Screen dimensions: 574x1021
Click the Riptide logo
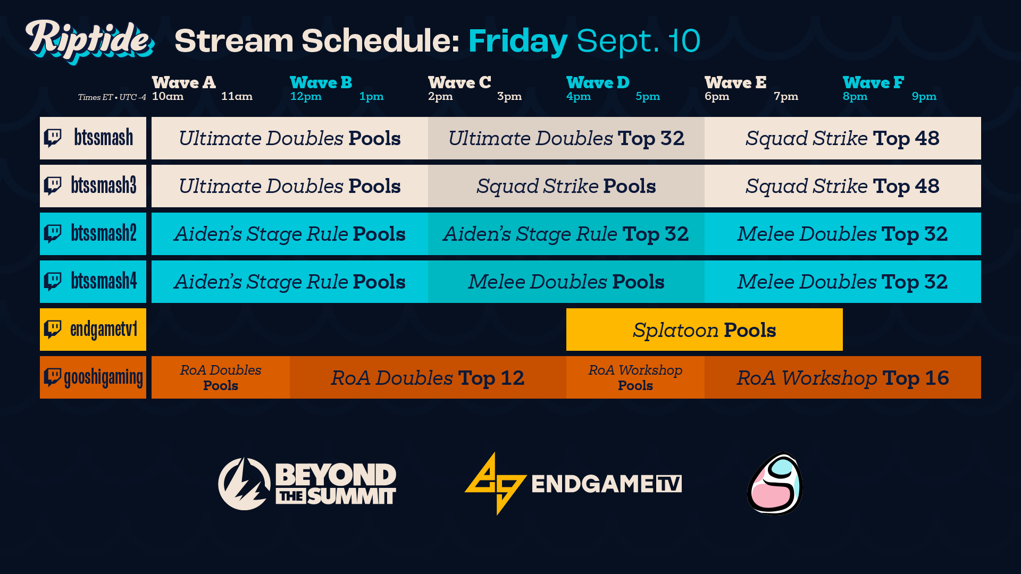coord(89,40)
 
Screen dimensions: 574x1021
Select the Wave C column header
coord(459,82)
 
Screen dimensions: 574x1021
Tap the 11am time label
coord(237,96)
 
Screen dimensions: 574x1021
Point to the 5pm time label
coord(648,96)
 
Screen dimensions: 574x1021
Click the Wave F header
coord(873,82)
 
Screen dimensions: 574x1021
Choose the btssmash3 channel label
coord(104,185)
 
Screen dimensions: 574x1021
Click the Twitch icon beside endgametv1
coord(53,329)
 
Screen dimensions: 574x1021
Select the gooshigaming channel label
coord(103,377)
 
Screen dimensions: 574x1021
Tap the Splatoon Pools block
coord(704,330)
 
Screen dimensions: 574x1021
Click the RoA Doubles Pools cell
coord(221,377)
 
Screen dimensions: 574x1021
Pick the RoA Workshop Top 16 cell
coord(842,377)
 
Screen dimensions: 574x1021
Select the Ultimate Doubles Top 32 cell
coord(566,138)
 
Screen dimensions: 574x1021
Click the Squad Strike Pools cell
coord(566,186)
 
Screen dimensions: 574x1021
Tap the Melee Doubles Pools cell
coord(566,282)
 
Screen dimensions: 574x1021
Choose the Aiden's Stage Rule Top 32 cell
coord(566,234)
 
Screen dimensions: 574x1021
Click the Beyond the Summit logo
coord(307,484)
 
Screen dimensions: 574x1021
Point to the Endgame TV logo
coord(573,484)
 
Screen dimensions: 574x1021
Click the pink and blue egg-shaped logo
coord(775,484)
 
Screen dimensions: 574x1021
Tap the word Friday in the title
coord(518,41)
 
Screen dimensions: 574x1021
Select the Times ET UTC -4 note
coord(112,97)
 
